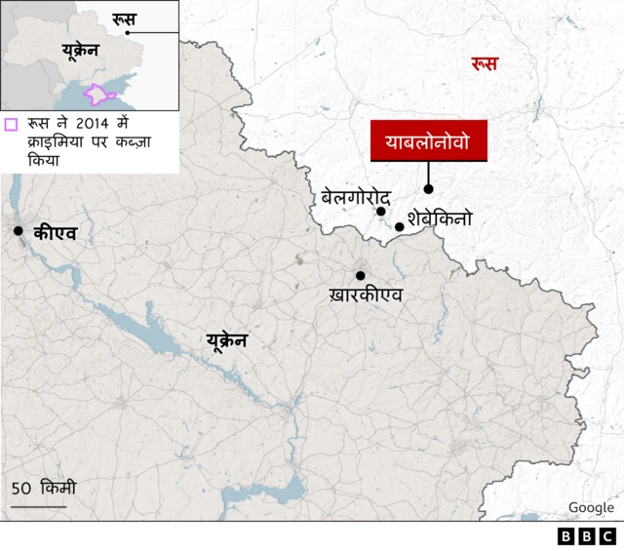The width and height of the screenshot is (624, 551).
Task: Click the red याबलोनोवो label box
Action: [x=428, y=141]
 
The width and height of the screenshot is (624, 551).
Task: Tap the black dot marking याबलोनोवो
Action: [x=428, y=189]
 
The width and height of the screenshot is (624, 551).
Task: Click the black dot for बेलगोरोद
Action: [x=381, y=211]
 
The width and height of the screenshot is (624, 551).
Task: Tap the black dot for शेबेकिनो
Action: [x=399, y=226]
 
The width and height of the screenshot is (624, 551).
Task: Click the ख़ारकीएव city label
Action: [x=366, y=295]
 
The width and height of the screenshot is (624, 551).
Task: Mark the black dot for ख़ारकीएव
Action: [x=360, y=275]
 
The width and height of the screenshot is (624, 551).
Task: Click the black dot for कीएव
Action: [x=19, y=230]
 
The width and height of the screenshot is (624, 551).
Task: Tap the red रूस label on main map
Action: [x=484, y=64]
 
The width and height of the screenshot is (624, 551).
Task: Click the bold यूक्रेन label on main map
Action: [x=226, y=340]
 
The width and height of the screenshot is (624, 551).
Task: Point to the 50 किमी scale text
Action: [x=43, y=488]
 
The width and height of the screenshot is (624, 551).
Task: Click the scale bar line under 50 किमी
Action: [x=39, y=506]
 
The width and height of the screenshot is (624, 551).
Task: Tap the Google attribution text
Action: [x=591, y=507]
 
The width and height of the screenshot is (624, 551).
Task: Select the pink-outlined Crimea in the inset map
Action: [x=100, y=95]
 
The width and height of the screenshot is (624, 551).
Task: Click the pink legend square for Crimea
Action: [x=12, y=125]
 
